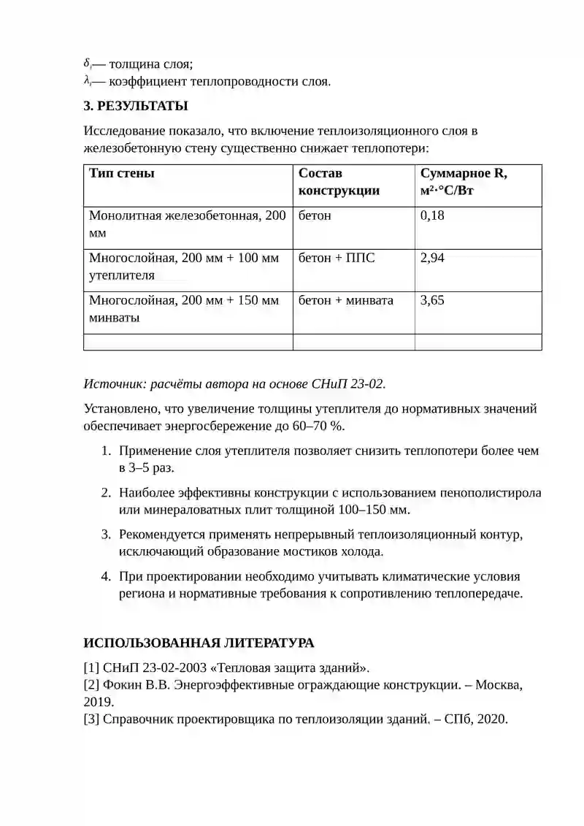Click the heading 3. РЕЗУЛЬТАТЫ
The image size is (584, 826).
[136, 106]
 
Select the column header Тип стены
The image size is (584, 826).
[121, 174]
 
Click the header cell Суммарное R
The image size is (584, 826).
[464, 174]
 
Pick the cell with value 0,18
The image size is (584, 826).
[433, 216]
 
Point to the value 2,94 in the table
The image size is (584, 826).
[433, 259]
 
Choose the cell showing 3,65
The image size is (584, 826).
[433, 301]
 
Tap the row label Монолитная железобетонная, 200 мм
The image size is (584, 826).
[187, 224]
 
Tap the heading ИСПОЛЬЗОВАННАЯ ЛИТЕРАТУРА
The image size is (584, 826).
[199, 643]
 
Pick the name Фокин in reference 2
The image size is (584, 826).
[122, 686]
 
